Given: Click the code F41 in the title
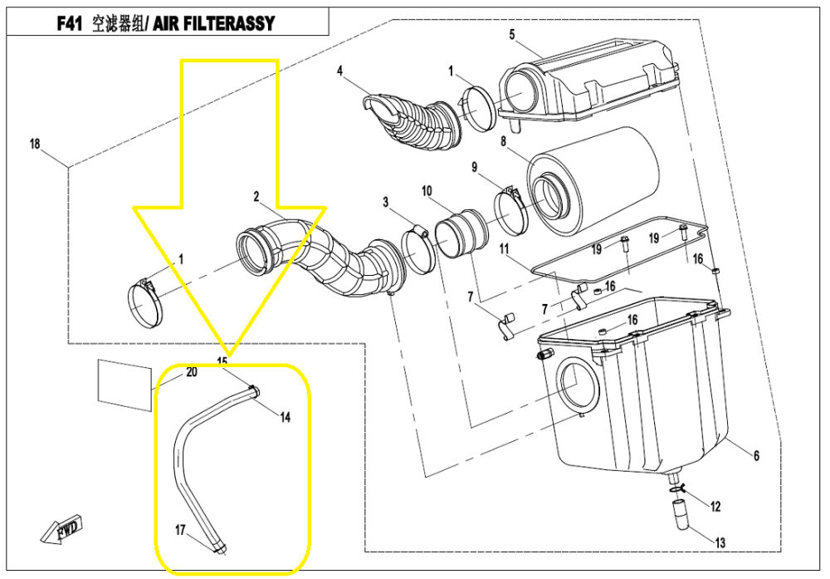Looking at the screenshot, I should (x=70, y=24).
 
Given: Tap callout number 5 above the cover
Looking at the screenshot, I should (x=512, y=34).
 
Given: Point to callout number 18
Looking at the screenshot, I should (x=35, y=144).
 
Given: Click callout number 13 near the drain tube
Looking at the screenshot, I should (x=720, y=542).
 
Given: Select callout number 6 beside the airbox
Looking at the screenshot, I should (x=756, y=455).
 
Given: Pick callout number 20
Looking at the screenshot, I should (x=192, y=372).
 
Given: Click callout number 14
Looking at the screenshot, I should (x=285, y=417).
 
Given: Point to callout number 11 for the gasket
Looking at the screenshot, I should (x=504, y=248).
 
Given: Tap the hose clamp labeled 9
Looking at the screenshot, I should (x=512, y=210).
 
